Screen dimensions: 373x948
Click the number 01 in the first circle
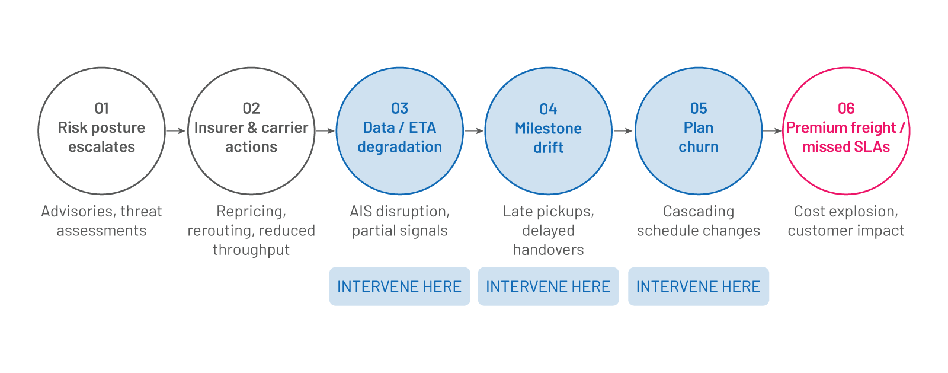[x=102, y=109]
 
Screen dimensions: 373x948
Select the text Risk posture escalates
[x=102, y=137]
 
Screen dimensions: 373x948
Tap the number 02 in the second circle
[x=251, y=109]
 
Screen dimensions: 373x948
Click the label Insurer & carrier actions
[x=251, y=137]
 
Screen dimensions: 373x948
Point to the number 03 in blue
[x=400, y=109]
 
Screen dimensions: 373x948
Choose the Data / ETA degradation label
[x=400, y=137]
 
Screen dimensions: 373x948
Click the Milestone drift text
[x=548, y=138]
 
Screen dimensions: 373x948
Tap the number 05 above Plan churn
[x=699, y=109]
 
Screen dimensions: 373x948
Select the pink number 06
[x=846, y=109]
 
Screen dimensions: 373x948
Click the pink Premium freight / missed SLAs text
[x=846, y=137]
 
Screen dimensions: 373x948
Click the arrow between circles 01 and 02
[x=176, y=130]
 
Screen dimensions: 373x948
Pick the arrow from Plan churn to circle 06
[x=772, y=130]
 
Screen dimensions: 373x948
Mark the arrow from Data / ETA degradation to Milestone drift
[x=474, y=130]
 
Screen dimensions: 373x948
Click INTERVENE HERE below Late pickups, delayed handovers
[x=548, y=287]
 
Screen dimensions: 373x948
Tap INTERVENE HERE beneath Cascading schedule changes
[x=698, y=287]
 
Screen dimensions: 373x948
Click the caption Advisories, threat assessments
[x=102, y=221]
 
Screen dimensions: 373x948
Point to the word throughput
[x=251, y=250]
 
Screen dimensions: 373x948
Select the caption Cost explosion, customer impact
[x=846, y=221]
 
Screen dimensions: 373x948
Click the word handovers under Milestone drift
[x=548, y=250]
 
